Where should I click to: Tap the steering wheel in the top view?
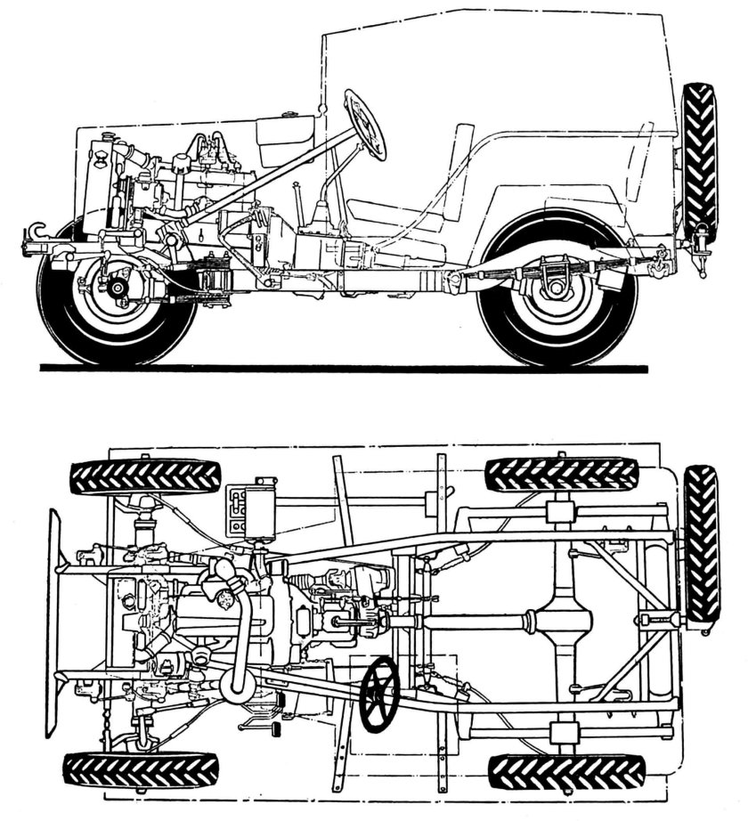pos(380,693)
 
